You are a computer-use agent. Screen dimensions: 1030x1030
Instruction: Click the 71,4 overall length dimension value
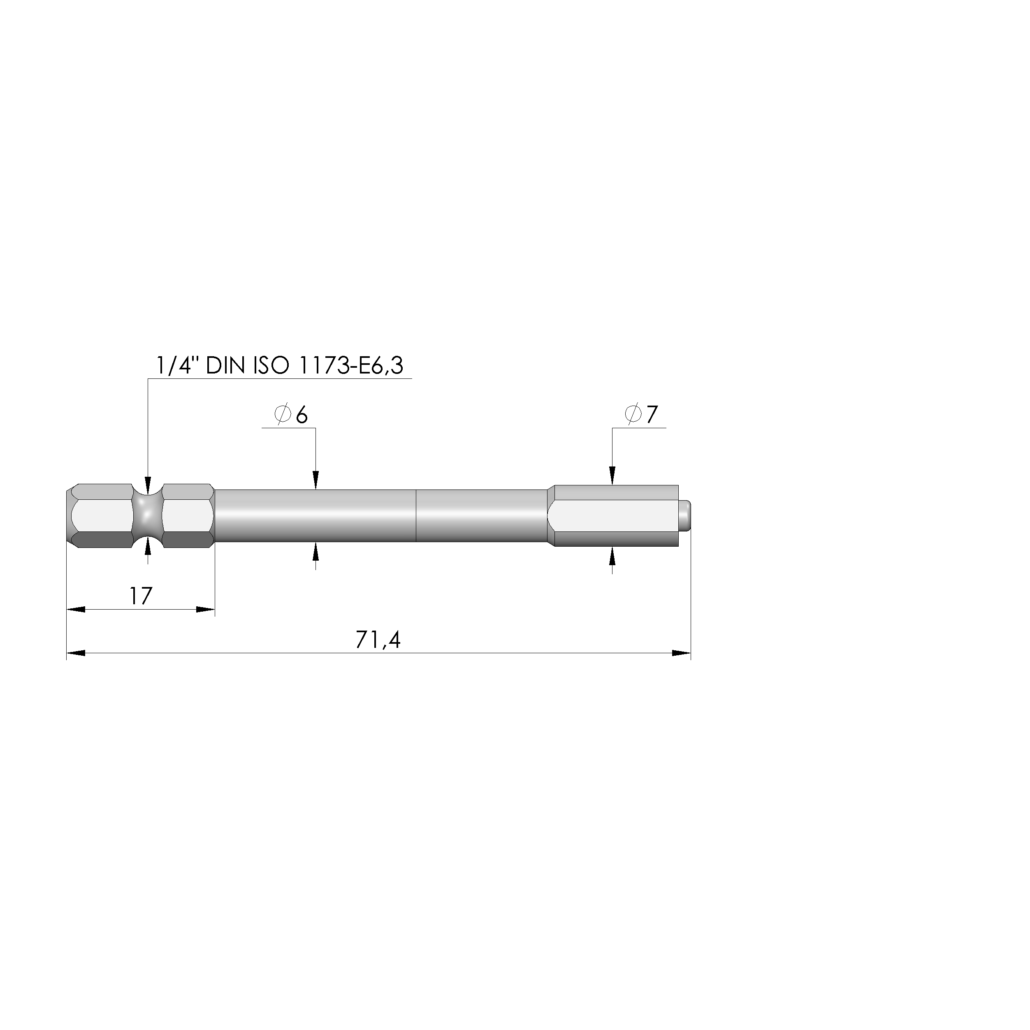(x=378, y=640)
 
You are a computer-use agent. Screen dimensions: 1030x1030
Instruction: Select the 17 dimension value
(x=141, y=596)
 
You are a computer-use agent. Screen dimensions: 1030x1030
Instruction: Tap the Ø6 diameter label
(x=291, y=415)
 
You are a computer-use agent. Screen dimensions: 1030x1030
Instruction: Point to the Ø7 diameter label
(x=641, y=414)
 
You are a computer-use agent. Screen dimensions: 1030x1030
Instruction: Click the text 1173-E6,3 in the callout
(x=351, y=366)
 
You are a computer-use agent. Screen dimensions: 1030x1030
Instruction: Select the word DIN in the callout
(x=225, y=366)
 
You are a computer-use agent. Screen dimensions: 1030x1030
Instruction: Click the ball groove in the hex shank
(x=147, y=516)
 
